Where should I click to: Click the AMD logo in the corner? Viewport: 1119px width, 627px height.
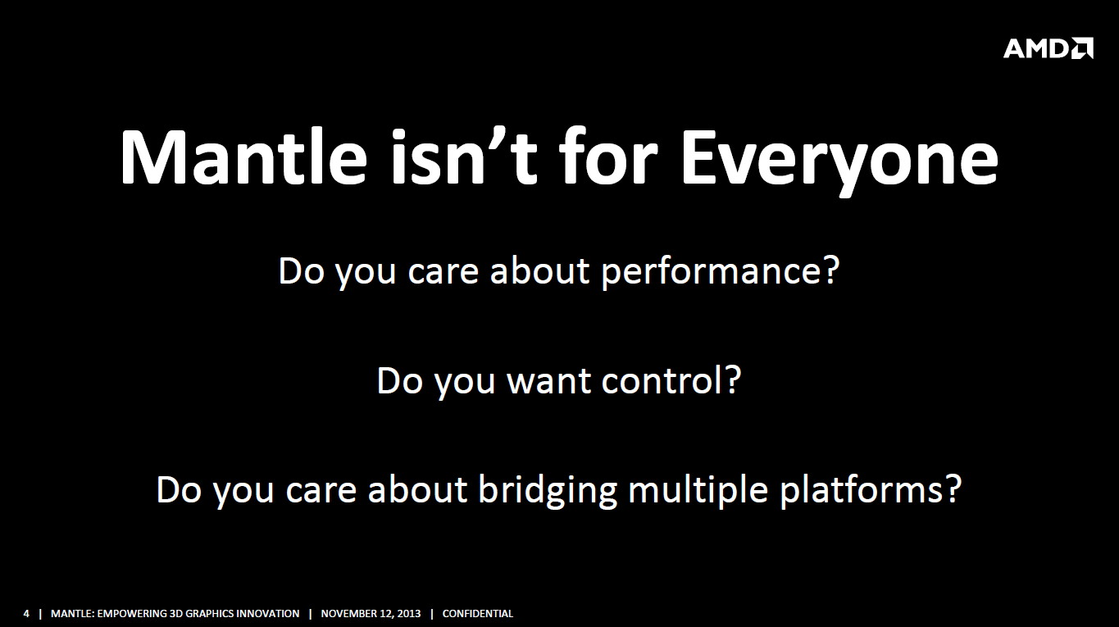coord(1048,48)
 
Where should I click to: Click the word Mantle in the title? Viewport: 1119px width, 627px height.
coord(243,157)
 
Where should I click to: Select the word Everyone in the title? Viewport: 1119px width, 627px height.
coord(840,162)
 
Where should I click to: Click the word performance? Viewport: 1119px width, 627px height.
coord(721,273)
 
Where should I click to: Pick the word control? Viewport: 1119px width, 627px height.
coord(671,380)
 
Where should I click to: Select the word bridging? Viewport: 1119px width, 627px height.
coord(548,491)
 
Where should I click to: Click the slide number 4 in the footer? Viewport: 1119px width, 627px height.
coord(26,614)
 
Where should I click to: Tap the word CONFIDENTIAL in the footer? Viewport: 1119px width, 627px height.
coord(478,614)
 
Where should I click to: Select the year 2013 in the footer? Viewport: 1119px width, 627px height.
coord(408,614)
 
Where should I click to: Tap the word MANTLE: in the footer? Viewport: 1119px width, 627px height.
coord(72,614)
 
